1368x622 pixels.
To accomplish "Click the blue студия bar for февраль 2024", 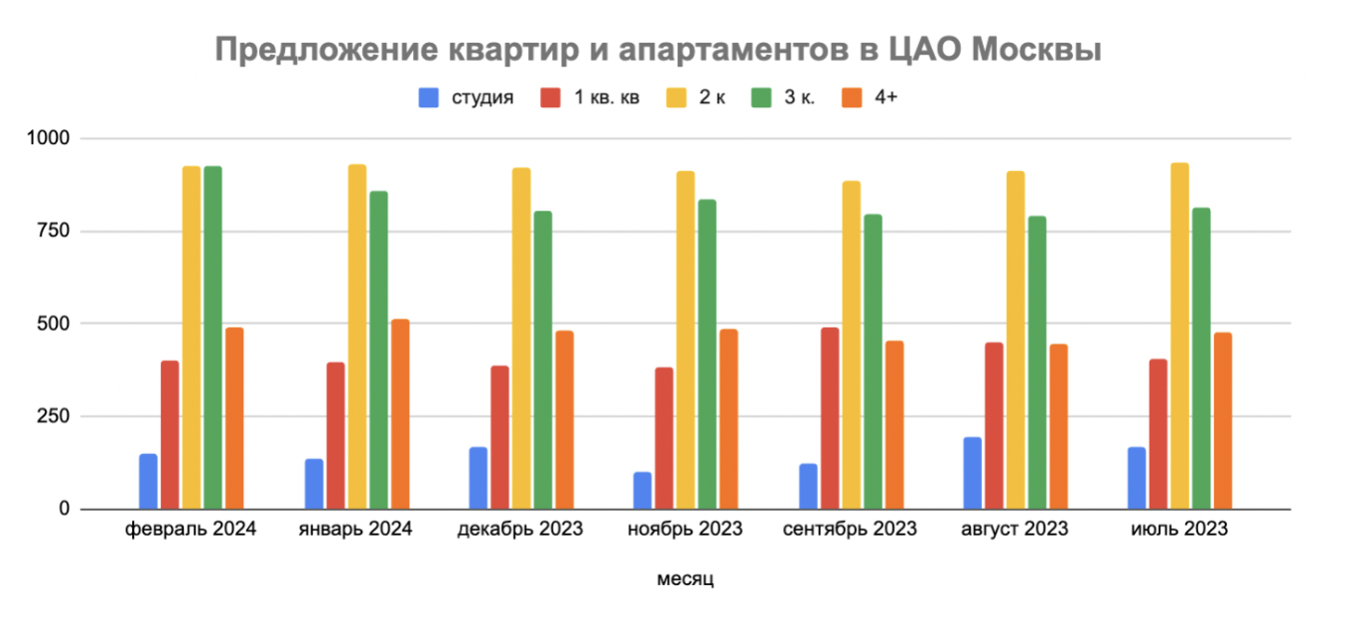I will pyautogui.click(x=148, y=482).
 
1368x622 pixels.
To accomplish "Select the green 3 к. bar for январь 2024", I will pyautogui.click(x=378, y=350).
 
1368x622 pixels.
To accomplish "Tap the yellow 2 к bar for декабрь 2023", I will pyautogui.click(x=521, y=339).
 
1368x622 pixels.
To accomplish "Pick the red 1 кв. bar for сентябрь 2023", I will pyautogui.click(x=829, y=418).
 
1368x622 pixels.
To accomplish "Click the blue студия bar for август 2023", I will pyautogui.click(x=972, y=473).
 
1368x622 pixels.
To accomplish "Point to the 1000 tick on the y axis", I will pyautogui.click(x=49, y=138).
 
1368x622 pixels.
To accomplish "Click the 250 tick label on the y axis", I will pyautogui.click(x=54, y=416).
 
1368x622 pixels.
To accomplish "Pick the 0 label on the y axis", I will pyautogui.click(x=64, y=509).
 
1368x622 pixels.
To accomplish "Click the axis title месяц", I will pyautogui.click(x=685, y=579).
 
